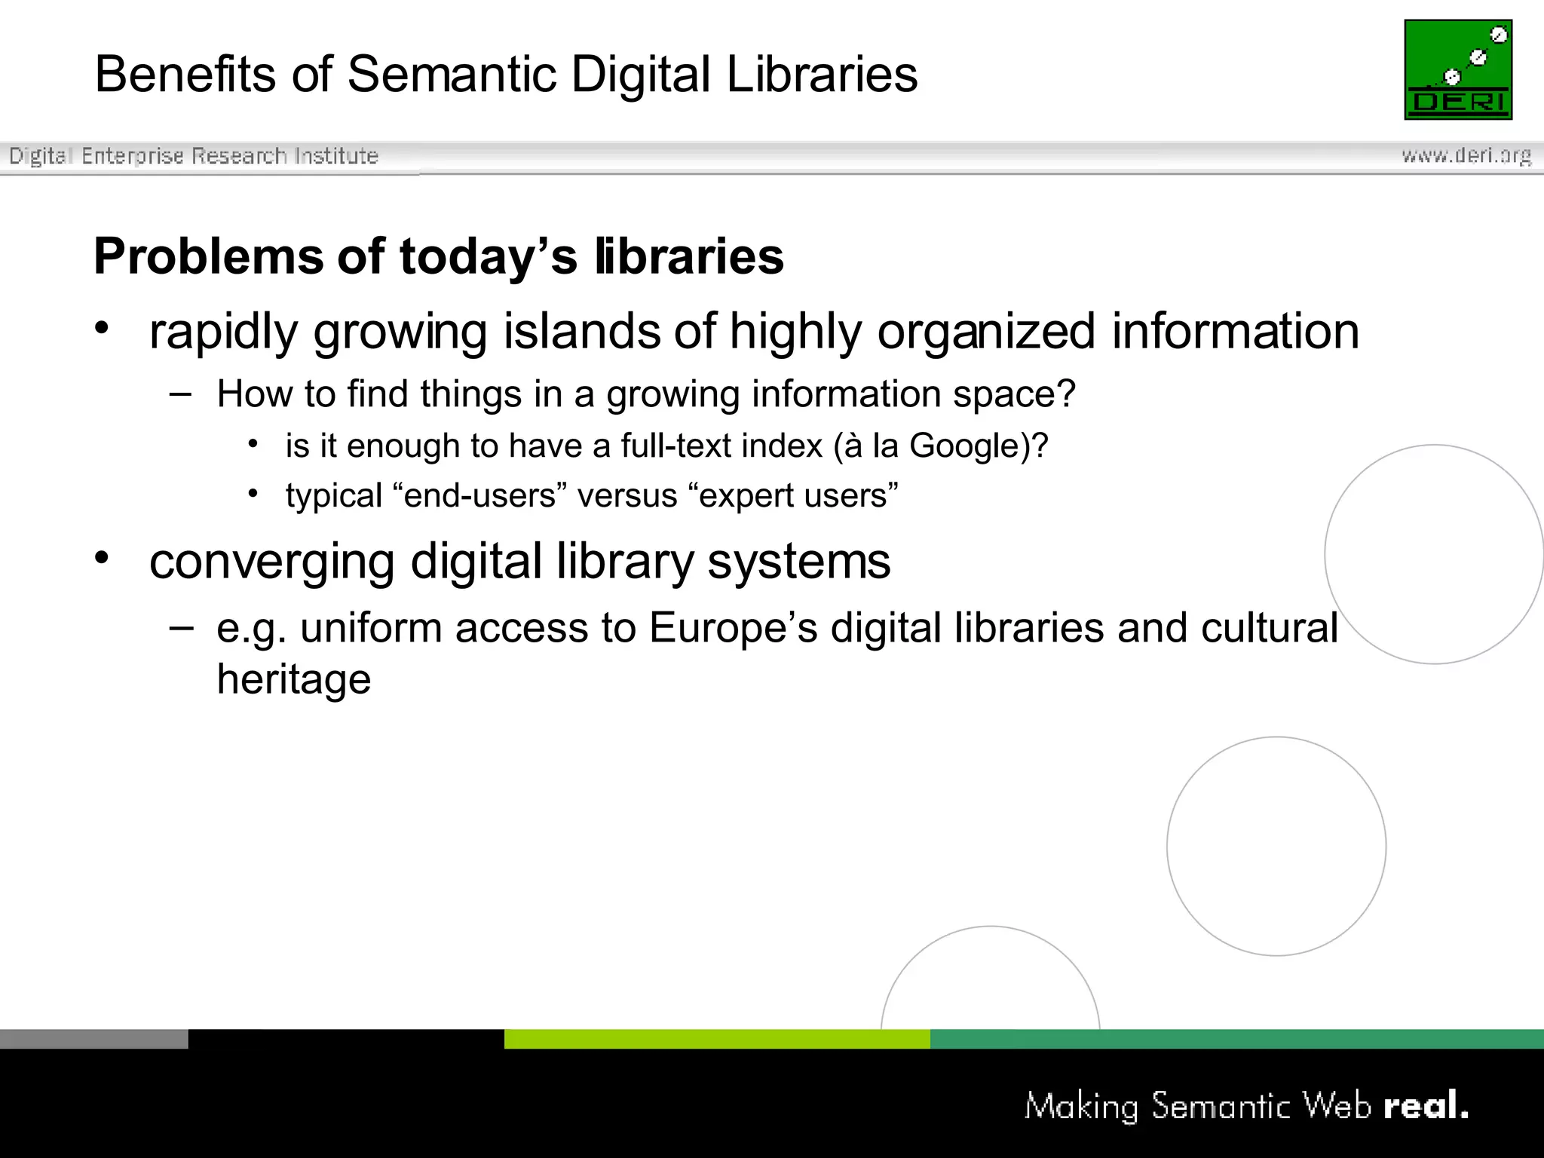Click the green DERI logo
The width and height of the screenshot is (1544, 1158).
pyautogui.click(x=1458, y=69)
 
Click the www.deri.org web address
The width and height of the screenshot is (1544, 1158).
pyautogui.click(x=1466, y=155)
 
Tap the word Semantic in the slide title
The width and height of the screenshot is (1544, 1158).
pyautogui.click(x=452, y=75)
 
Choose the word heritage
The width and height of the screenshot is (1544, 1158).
pyautogui.click(x=294, y=679)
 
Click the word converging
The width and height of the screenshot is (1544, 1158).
pyautogui.click(x=271, y=562)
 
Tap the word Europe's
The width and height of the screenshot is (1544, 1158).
pyautogui.click(x=733, y=628)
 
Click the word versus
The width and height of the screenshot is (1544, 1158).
pyautogui.click(x=627, y=496)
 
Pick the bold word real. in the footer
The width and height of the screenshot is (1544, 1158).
pyautogui.click(x=1426, y=1106)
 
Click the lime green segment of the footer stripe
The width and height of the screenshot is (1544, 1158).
pyautogui.click(x=716, y=1039)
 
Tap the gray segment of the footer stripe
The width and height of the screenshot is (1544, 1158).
pyautogui.click(x=93, y=1039)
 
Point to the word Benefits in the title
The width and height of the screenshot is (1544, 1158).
pyautogui.click(x=185, y=75)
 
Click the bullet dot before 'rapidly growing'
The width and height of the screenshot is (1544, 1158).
pyautogui.click(x=102, y=328)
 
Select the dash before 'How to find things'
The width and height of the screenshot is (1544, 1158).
pyautogui.click(x=181, y=393)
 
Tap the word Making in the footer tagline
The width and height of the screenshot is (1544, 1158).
pyautogui.click(x=1081, y=1107)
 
